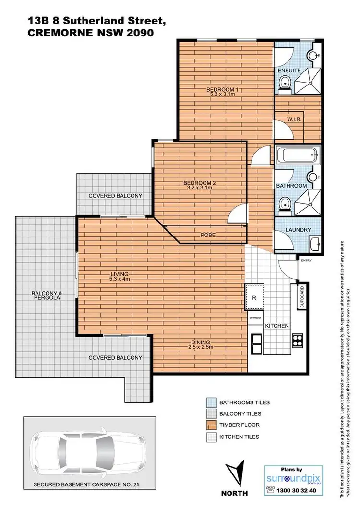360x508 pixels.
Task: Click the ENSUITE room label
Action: coord(289,71)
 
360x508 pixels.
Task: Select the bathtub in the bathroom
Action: coord(297,155)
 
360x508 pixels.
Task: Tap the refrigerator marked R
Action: coord(254,297)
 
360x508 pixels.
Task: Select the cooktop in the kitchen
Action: coord(298,343)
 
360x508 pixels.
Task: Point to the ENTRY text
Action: coord(306,260)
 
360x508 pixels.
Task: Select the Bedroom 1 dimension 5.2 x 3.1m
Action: coord(222,95)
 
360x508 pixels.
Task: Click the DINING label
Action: coord(200,342)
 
